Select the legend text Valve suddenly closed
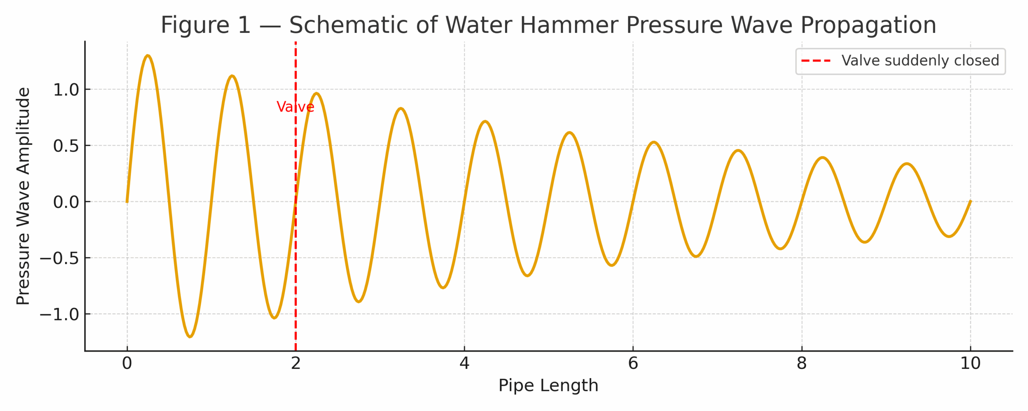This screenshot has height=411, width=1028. coord(920,61)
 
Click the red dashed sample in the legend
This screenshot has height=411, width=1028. coord(816,61)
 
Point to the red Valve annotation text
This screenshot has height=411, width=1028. coord(295,107)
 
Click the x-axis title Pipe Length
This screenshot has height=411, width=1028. coord(548,385)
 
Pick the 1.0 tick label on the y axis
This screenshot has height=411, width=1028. coord(66,90)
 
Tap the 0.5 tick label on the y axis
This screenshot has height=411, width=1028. coord(66,146)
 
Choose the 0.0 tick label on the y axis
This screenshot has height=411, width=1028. coord(66,202)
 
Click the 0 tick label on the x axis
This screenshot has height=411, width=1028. coord(127,363)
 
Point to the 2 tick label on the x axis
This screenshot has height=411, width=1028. coord(296,363)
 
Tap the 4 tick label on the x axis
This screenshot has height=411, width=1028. coord(465,363)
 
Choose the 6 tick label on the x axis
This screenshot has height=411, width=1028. coord(633,363)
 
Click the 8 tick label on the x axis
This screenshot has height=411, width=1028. coord(802,363)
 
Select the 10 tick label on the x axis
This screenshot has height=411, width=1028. coord(971,363)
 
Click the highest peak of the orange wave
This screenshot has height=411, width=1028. coord(148,56)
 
